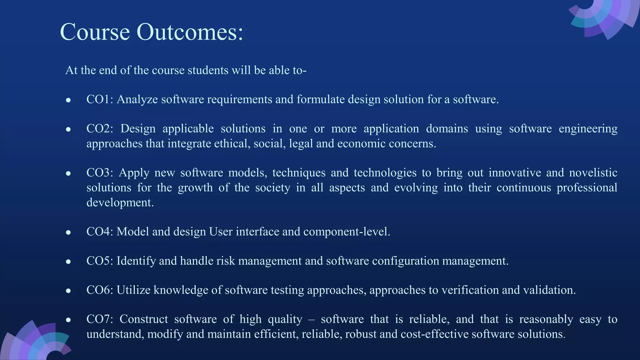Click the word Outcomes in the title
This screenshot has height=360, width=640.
tap(190, 32)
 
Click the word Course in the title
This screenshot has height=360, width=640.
tap(95, 32)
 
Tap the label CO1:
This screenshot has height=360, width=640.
tap(100, 99)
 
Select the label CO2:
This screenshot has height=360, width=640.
tap(100, 129)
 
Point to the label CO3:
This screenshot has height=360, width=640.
tap(100, 173)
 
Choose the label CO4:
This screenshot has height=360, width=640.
tap(100, 232)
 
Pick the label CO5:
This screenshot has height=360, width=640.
tap(100, 261)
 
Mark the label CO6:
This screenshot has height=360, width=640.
tap(100, 290)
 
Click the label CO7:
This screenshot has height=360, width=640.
tap(100, 319)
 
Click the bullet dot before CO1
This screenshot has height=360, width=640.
tap(68, 100)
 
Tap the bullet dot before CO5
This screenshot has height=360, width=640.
tap(68, 262)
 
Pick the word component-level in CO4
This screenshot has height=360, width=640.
tap(347, 232)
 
